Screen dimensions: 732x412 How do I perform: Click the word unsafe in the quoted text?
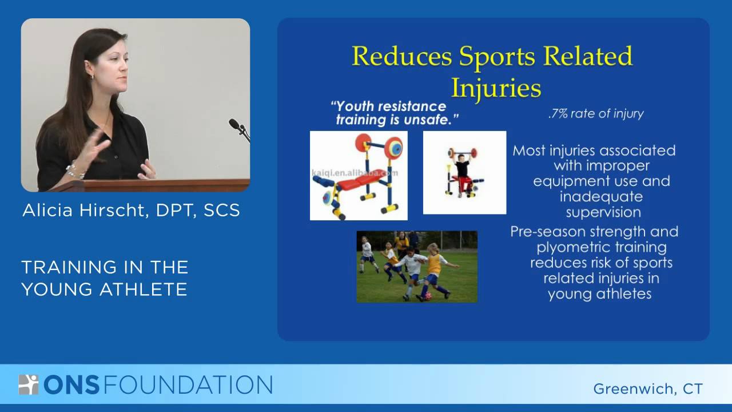(x=431, y=120)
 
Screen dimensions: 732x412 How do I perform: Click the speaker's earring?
(x=92, y=77)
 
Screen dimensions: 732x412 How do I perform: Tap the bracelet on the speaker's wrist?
(x=74, y=171)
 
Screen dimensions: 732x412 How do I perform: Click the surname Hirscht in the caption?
(x=114, y=210)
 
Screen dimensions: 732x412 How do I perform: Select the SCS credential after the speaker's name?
(x=222, y=210)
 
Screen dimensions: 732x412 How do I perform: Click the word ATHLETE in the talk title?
(x=144, y=290)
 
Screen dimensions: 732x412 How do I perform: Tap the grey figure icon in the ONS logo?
(x=29, y=385)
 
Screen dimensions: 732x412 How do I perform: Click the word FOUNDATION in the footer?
(x=188, y=385)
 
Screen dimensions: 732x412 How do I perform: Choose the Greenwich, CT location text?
(x=648, y=389)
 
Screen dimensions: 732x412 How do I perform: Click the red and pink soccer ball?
(x=428, y=296)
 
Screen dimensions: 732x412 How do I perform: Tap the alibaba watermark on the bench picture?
(x=355, y=173)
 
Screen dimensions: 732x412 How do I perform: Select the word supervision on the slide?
(x=603, y=212)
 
